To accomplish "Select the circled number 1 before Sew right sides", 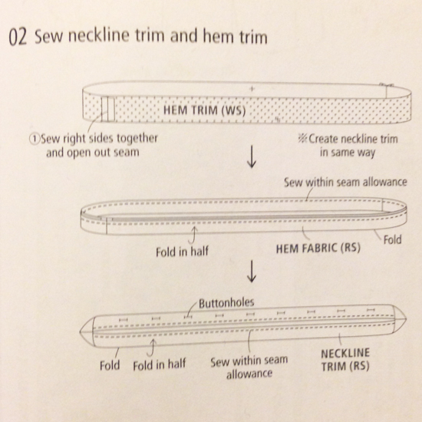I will (x=33, y=139).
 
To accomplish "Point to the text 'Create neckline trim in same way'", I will (x=345, y=146).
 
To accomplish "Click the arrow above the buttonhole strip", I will (x=250, y=272).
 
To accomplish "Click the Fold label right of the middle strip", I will (x=391, y=240).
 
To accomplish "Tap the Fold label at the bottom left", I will (x=110, y=365).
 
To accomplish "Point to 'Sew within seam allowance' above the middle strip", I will (x=345, y=183).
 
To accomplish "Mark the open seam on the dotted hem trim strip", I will (x=109, y=110).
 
